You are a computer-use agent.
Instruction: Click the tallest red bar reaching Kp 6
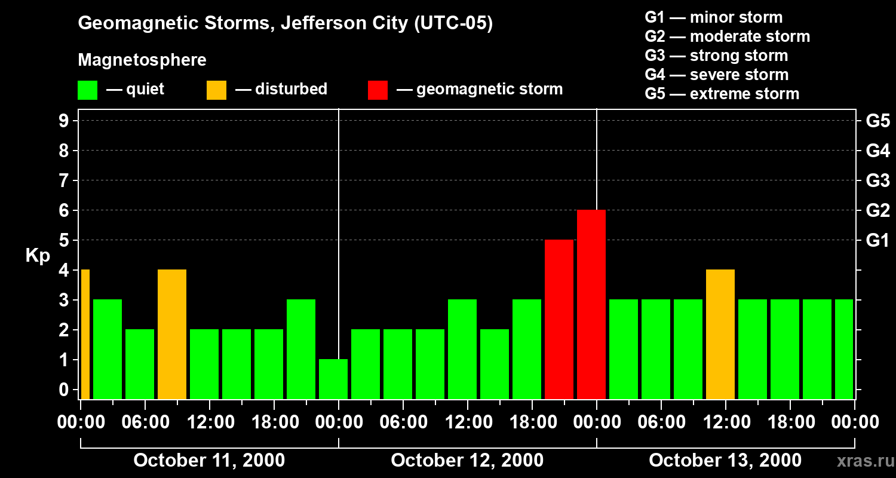591,304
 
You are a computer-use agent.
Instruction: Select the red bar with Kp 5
559,319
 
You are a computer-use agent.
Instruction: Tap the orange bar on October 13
720,334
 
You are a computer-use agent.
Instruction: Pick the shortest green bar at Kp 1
333,379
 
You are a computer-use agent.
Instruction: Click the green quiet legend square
87,90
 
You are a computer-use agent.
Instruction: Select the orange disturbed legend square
216,90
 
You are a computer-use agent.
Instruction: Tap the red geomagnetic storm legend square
378,90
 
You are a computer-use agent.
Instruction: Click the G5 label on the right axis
877,121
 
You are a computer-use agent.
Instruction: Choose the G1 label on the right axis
877,241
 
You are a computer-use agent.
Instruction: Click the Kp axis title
38,256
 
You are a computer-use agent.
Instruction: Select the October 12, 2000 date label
467,461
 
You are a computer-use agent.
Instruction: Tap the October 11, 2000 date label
209,461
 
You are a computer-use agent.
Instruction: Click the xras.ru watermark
861,461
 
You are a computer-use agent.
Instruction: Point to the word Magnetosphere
142,60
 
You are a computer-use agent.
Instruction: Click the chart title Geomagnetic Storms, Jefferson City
286,23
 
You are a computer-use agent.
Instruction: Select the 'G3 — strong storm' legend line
716,56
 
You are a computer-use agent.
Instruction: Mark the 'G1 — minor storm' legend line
713,17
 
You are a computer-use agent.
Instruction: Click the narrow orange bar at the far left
85,334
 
